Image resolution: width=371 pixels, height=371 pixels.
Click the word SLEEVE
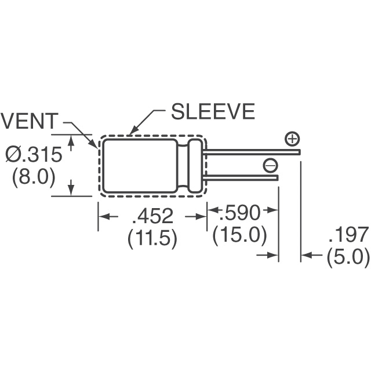tap(213, 111)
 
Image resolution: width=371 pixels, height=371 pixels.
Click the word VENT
tap(30, 121)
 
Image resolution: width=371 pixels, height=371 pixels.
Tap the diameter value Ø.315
tap(34, 155)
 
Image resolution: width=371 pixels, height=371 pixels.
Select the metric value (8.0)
tap(34, 177)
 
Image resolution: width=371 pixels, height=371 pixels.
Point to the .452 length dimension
tap(152, 216)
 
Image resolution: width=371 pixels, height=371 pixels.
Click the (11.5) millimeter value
tap(152, 238)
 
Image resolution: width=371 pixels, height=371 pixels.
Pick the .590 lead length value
tap(239, 213)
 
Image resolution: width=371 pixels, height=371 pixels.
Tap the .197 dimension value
tap(349, 234)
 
